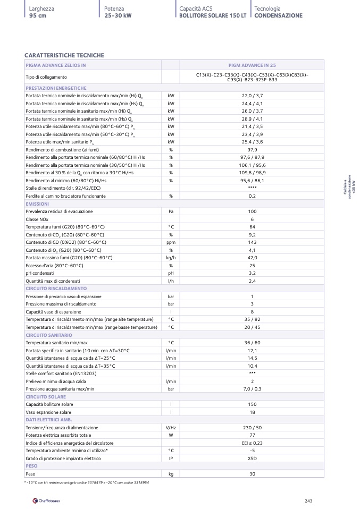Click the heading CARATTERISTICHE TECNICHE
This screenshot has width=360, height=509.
coord(64,55)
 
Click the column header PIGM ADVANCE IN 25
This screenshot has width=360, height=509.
coord(252,65)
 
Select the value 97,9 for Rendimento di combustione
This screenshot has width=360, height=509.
coord(252,150)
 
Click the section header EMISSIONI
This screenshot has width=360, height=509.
coord(37,204)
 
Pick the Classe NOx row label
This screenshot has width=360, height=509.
coord(37,219)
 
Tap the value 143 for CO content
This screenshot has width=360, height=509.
coord(252,242)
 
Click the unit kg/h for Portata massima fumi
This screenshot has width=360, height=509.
coord(171,258)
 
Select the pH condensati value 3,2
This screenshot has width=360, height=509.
coord(252,273)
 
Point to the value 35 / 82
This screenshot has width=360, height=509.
coord(252,319)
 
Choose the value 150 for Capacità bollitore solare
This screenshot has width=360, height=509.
coord(252,405)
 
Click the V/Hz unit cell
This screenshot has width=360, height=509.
coord(171,428)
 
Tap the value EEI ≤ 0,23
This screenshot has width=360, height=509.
coord(252,443)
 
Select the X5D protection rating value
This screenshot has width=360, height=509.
coord(252,458)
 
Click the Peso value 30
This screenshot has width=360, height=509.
coord(252,473)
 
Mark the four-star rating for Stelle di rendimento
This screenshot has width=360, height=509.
coord(252,189)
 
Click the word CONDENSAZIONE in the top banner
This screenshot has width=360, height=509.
coord(278,16)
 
